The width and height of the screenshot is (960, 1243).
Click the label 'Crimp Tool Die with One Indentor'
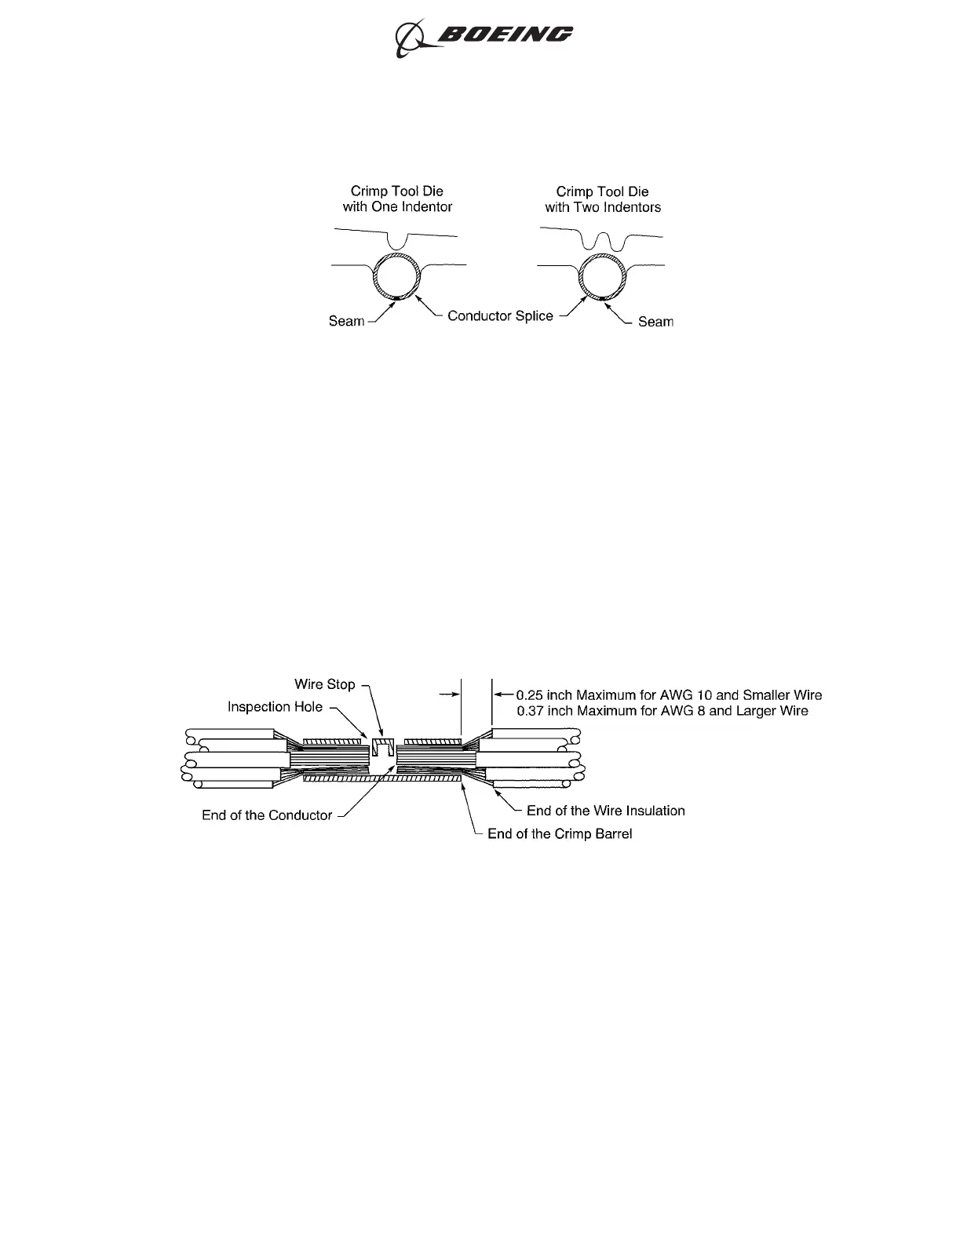coord(397,199)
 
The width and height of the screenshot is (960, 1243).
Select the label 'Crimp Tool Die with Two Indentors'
coord(603,199)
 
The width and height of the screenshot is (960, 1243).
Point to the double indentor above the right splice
coord(602,241)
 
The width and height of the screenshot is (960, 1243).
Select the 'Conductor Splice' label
coord(500,315)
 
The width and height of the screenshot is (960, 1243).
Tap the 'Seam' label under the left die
coord(346,321)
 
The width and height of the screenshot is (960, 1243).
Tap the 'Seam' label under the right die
coord(655,321)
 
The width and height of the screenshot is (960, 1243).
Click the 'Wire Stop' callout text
coord(324,684)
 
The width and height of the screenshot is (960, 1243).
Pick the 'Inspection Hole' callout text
coord(275,707)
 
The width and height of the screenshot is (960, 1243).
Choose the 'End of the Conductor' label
coord(267,815)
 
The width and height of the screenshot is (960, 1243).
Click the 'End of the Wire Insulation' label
coord(605,811)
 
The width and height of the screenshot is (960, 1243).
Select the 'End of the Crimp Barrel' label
coord(560,833)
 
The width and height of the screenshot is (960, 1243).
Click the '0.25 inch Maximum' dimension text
coord(669,694)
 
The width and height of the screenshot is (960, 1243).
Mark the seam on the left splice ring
coord(398,299)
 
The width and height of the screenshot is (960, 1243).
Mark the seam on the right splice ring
coord(602,299)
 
